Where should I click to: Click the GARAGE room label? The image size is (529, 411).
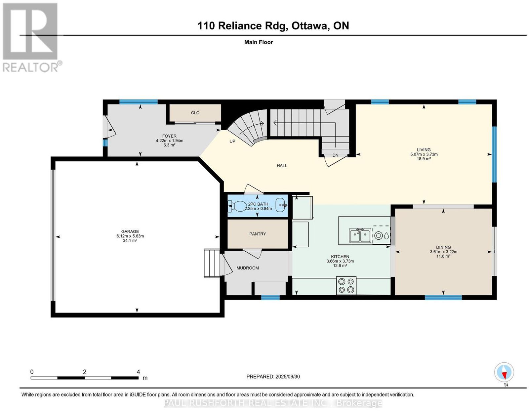pos(130,231)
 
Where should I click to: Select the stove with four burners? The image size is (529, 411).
pos(346,285)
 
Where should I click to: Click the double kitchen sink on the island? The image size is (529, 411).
pos(360,235)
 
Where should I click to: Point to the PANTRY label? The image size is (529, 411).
pos(257,234)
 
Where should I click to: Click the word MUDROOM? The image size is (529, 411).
pos(248,268)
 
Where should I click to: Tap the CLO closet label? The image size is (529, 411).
pos(195,113)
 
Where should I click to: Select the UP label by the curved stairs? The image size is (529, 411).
pos(232,141)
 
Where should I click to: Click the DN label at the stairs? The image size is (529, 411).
pos(335,155)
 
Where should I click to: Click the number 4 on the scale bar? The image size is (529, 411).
pos(138,372)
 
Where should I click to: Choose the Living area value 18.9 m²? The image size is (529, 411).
pos(424,159)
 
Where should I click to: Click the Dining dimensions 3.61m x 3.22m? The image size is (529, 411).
pos(443,252)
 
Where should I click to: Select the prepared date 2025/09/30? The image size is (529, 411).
pos(288,377)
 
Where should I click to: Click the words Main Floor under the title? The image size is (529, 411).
pos(259,42)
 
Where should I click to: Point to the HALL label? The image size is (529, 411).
pos(282,166)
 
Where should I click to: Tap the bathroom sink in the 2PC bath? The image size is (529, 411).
pos(281,205)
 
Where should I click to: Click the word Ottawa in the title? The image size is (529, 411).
pos(309,26)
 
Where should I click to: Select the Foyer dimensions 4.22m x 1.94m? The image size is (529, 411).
pos(169,141)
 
